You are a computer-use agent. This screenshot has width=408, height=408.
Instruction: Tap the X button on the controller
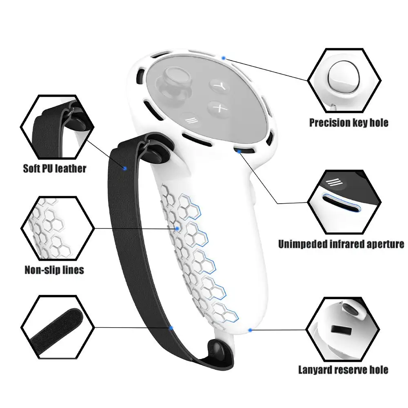[218, 108]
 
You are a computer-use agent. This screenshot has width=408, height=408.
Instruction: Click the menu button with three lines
[191, 120]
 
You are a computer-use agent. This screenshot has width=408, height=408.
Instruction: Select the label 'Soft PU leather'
[54, 169]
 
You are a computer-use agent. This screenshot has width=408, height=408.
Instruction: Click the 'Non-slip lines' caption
[54, 270]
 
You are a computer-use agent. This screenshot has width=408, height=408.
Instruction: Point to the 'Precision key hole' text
[349, 122]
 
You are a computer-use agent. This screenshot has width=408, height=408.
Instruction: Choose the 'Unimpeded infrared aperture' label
[341, 244]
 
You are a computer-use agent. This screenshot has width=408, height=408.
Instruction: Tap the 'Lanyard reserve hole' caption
[343, 370]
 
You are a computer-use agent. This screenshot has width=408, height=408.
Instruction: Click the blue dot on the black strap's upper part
[125, 169]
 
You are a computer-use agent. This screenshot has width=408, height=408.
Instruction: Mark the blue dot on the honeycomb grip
[177, 228]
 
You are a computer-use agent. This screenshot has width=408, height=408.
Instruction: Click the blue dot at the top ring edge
[224, 58]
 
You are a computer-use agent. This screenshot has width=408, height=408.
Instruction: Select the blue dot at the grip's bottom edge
[250, 330]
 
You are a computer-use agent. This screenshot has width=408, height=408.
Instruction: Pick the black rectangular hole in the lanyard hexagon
[341, 330]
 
